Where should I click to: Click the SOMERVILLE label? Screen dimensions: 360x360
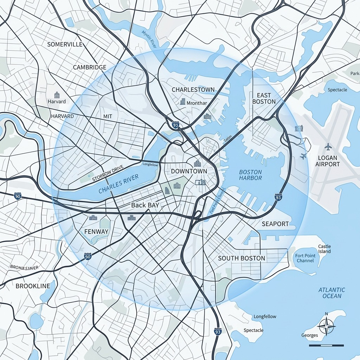65,44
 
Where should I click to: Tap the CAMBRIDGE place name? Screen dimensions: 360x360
90,67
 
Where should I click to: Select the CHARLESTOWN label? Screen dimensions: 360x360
193,90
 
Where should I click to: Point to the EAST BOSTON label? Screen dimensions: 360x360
264,98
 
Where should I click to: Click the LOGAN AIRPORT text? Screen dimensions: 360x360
328,161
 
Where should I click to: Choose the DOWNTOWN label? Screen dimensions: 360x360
189,171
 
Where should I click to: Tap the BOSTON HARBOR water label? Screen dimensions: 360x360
250,175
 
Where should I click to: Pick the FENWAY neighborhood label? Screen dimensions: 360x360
96,232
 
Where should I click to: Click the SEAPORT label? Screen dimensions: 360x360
275,224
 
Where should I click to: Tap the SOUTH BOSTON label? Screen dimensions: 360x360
242,258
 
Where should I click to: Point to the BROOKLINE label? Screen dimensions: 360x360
33,286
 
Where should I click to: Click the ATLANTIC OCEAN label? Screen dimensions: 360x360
332,293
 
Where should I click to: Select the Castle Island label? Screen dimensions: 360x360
324,249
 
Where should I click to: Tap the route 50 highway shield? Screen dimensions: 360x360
88,256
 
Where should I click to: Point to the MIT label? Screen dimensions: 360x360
108,116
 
